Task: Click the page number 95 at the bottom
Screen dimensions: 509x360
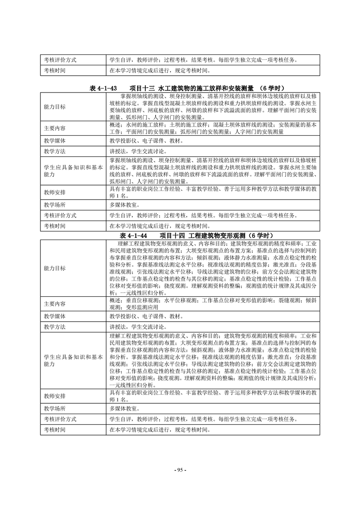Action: (x=180, y=469)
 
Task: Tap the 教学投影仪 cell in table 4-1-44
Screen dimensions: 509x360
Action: (x=146, y=316)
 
